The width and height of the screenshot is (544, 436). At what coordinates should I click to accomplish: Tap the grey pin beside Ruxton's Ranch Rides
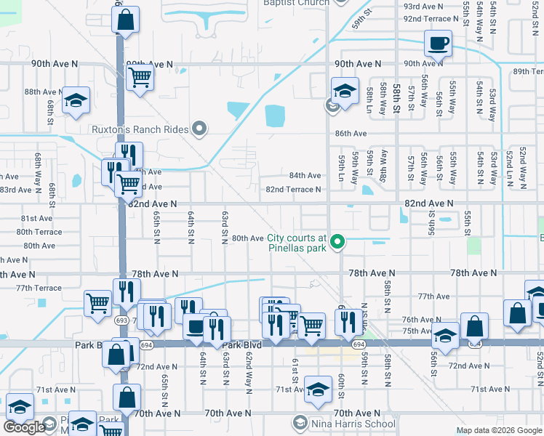200,130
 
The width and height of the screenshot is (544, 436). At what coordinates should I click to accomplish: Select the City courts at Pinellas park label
297,243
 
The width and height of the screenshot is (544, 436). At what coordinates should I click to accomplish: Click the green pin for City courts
337,242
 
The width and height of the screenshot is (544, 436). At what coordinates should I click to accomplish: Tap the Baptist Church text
296,3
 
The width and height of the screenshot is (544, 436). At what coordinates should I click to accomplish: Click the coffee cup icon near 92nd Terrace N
439,43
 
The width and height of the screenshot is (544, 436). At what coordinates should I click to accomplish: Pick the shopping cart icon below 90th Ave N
140,77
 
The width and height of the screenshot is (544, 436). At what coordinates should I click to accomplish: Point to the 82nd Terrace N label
293,190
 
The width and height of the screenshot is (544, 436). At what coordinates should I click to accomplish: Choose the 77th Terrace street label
39,288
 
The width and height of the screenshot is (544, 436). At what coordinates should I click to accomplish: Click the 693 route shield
121,320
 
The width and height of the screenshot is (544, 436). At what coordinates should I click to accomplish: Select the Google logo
24,427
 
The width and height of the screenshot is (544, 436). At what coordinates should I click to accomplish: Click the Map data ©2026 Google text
499,430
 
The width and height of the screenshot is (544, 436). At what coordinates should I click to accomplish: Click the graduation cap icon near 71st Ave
318,389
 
